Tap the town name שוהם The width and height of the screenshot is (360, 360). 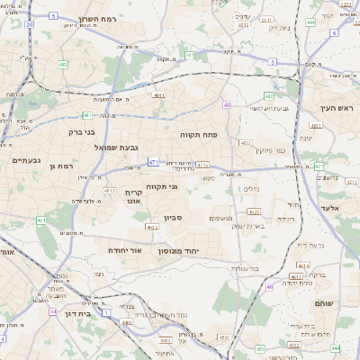pos(325,304)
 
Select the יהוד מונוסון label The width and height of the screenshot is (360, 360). pos(188,250)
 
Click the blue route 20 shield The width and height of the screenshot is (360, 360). pos(30,24)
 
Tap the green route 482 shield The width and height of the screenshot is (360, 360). pos(63,65)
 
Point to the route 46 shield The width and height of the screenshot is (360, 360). pos(269,287)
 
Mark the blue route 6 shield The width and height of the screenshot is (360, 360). pos(333,32)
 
